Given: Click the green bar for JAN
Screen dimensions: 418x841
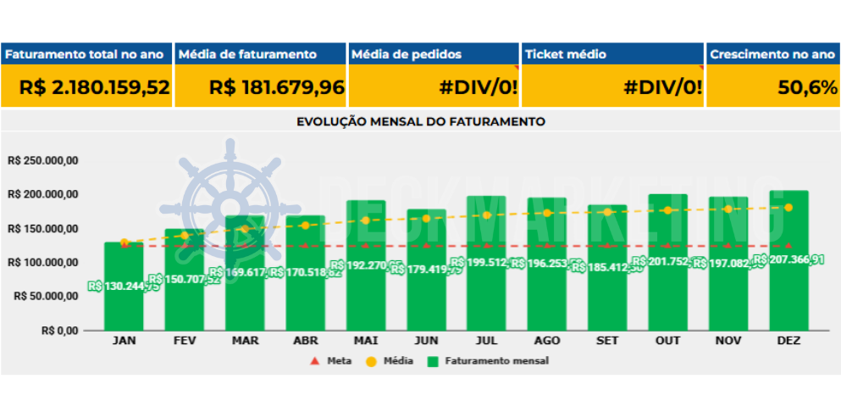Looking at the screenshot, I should (x=124, y=305).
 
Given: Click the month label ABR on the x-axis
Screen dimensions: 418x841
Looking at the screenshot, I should (x=305, y=341).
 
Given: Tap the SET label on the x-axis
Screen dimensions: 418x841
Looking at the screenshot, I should (x=607, y=341).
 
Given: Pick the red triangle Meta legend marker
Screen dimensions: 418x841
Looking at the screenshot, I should (x=315, y=361).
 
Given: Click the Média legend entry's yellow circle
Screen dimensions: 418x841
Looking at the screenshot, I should (x=372, y=361).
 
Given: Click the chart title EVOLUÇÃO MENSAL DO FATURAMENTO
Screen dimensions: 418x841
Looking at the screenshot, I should (x=421, y=121).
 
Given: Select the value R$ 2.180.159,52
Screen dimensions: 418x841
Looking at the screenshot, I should (x=95, y=87).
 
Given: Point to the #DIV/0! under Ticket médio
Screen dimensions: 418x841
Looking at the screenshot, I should (x=662, y=87).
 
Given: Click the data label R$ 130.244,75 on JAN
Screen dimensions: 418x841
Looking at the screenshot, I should (x=124, y=287).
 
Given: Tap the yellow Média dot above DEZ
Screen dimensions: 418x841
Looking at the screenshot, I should (x=788, y=208).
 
